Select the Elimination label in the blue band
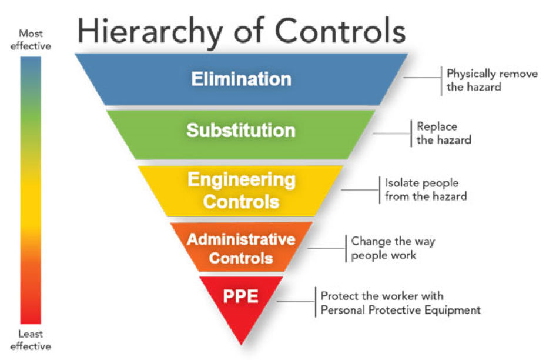pos(241,79)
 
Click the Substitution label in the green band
pos(241,129)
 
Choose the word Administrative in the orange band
pos(241,239)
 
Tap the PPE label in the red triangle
pos(241,295)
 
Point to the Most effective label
pos(31,39)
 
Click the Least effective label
pos(31,340)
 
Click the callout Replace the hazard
pos(444,133)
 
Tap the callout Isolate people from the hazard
pos(426,189)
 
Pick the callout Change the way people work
pos(393,248)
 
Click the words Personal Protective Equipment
pos(400,310)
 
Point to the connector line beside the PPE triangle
pos(297,301)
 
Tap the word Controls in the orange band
pos(241,258)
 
